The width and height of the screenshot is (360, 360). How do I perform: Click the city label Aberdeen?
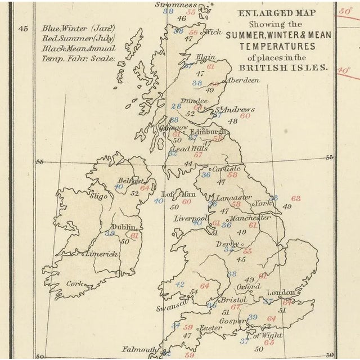click(243, 80)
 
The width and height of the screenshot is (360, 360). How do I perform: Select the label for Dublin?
click(123, 227)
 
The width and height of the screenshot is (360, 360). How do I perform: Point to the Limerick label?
click(101, 254)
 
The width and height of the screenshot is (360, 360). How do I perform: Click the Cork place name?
click(74, 283)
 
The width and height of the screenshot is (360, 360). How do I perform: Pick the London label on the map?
click(280, 292)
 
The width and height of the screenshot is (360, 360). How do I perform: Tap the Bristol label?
click(230, 301)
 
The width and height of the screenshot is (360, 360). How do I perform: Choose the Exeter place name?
click(211, 327)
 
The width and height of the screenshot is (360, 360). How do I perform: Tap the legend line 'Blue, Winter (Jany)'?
click(78, 28)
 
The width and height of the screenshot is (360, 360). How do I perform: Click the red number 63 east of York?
click(295, 198)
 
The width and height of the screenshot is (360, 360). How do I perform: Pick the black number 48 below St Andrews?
click(232, 120)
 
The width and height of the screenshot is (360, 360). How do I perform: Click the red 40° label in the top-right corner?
click(343, 70)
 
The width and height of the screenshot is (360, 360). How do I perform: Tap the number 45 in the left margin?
click(23, 29)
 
